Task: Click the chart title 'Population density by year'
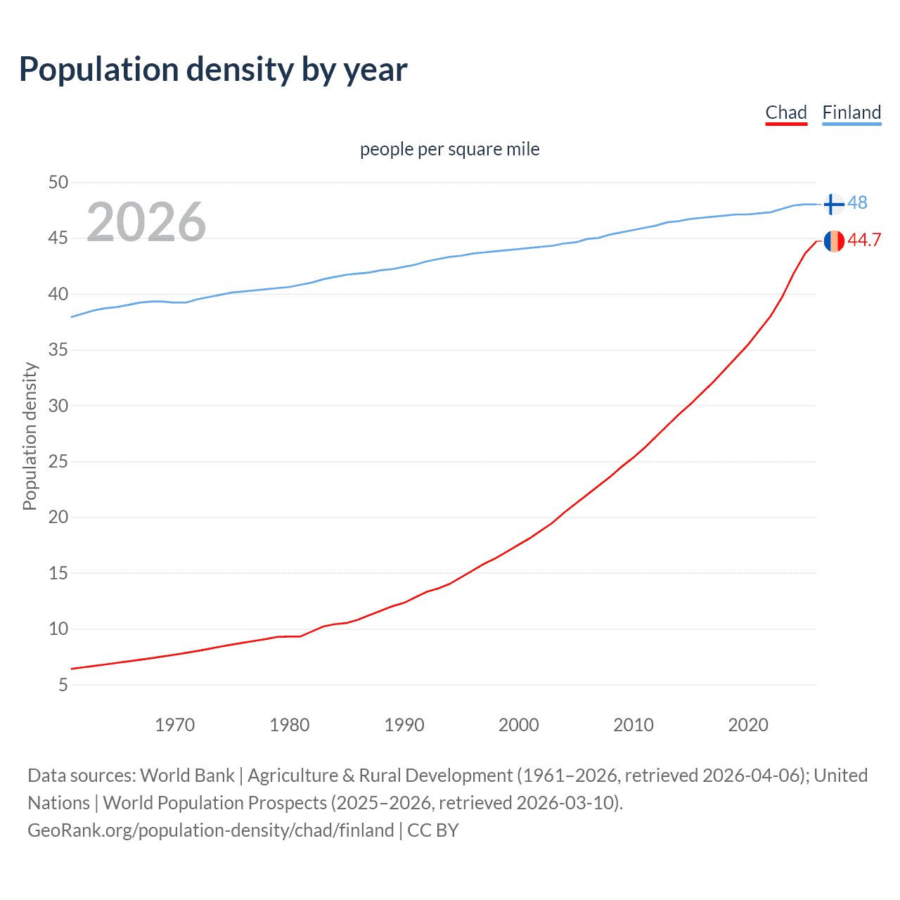point(213,70)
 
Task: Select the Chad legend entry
point(786,112)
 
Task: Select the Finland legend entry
point(851,112)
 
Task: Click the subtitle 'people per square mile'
point(449,149)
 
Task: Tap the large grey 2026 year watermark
point(146,222)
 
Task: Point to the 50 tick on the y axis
point(58,183)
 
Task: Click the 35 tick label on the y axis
point(58,350)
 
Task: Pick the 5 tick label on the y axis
point(63,685)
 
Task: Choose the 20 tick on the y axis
point(58,517)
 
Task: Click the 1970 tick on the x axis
point(174,725)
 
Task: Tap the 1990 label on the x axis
point(404,725)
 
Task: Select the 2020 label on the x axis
point(748,725)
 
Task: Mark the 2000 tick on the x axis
point(519,725)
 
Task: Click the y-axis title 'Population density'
point(30,436)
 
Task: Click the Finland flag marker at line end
point(833,204)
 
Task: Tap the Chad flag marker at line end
point(833,240)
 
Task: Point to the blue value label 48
point(857,203)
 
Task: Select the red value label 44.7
point(864,240)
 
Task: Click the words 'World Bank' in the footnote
point(187,776)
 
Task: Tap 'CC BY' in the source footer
point(433,830)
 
